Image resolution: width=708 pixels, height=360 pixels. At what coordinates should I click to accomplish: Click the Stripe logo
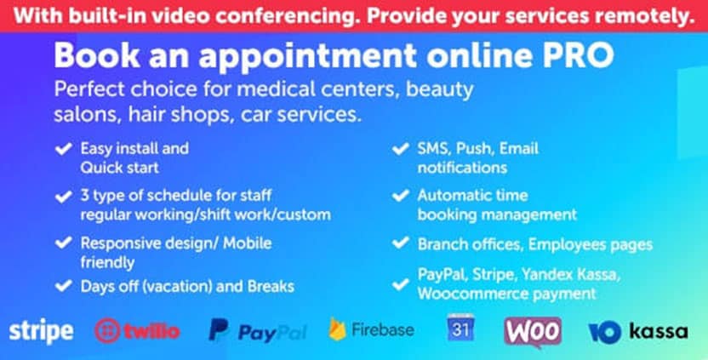[x=41, y=332]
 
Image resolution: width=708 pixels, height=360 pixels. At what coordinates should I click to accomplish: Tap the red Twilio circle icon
[x=107, y=331]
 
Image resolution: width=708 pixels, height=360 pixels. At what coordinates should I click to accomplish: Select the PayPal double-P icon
[x=219, y=329]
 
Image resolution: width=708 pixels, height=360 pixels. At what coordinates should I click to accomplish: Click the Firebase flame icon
[x=337, y=329]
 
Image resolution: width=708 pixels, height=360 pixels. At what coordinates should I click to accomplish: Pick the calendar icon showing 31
[x=460, y=328]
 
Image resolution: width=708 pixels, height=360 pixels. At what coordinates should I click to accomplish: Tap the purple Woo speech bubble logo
[x=533, y=332]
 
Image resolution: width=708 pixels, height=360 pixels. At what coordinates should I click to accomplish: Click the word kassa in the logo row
[x=659, y=332]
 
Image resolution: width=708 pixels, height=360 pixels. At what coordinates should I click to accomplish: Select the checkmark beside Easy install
[x=63, y=149]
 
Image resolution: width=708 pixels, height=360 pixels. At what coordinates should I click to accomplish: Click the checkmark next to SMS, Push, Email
[x=400, y=149]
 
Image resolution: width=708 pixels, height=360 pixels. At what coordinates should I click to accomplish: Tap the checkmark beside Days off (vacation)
[x=63, y=286]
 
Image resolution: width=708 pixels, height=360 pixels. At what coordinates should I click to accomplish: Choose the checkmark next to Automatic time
[x=400, y=196]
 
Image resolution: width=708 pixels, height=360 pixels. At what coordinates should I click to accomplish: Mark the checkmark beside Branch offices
[x=400, y=243]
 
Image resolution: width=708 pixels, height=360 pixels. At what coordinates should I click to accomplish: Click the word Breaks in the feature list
[x=271, y=286]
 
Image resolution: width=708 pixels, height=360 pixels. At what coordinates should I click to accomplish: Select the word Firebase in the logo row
[x=383, y=329]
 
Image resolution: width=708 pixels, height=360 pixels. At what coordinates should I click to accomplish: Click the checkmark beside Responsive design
[x=63, y=243]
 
